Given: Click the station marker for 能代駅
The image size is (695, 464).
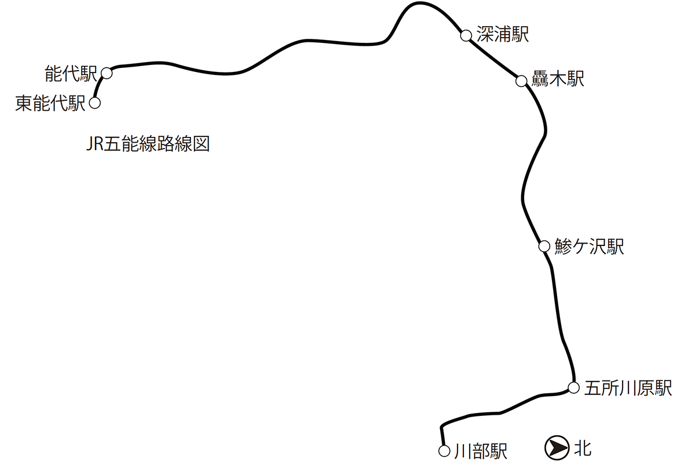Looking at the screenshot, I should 107,72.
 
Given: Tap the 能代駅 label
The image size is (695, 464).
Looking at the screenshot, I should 71,74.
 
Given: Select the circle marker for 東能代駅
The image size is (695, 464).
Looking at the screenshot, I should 95,103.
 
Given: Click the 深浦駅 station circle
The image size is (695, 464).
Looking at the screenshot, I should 466,35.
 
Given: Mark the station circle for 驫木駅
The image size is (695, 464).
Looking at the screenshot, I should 521,81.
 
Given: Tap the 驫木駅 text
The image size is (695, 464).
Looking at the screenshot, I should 558,79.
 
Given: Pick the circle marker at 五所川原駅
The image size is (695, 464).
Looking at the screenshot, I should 573,387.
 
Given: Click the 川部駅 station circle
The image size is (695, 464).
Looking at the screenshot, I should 444,451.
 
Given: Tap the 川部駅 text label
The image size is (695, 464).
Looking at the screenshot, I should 481,451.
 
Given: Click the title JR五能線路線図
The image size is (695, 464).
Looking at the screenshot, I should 147,144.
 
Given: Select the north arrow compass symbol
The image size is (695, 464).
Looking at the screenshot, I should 556,447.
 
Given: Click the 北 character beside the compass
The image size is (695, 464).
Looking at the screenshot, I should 583,447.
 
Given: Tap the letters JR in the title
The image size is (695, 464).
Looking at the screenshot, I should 94,144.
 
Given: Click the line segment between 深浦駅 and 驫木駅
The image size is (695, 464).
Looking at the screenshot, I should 493,58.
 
